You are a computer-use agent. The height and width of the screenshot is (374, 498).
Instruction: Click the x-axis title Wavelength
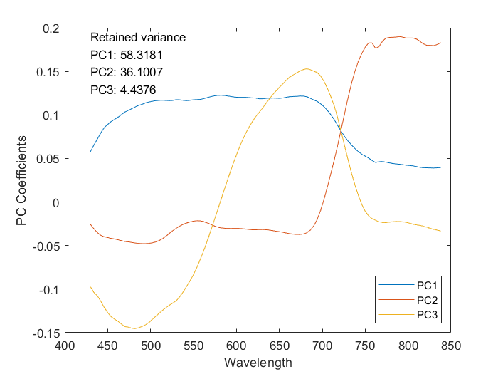[258, 362]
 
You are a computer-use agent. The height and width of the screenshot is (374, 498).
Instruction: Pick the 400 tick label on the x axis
[65, 346]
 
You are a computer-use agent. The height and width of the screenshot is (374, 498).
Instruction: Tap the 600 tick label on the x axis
[236, 346]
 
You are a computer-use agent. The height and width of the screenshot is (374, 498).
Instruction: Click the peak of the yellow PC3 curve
[306, 69]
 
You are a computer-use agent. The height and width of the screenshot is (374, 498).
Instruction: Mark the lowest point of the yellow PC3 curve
[134, 328]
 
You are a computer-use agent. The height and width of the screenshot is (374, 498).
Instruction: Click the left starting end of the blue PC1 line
[90, 151]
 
